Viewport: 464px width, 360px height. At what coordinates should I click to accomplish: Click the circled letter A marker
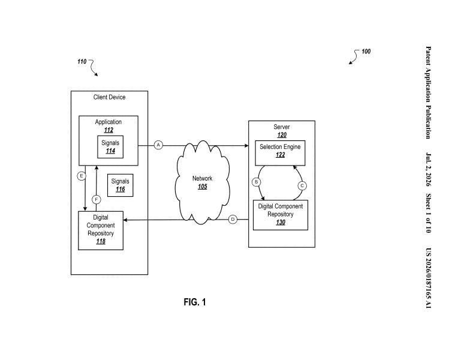point(158,145)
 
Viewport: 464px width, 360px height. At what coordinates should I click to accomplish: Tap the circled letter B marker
point(256,182)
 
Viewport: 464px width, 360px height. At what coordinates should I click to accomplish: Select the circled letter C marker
point(302,185)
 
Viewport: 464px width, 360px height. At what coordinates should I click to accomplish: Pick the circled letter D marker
point(233,220)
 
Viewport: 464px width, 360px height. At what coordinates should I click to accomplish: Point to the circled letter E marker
point(82,176)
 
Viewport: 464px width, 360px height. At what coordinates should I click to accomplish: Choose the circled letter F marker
point(96,200)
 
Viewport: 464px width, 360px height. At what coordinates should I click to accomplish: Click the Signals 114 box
point(110,147)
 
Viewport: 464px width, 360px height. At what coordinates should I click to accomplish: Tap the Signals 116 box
point(120,185)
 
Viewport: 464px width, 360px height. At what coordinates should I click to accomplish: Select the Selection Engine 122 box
point(280,153)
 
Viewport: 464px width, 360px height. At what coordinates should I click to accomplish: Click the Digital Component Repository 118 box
point(101,230)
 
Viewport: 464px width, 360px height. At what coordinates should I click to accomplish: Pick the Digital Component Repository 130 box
point(281,215)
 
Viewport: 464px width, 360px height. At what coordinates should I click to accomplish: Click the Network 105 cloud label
point(203,182)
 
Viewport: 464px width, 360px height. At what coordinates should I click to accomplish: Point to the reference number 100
point(366,52)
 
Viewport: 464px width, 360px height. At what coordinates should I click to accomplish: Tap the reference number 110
point(82,62)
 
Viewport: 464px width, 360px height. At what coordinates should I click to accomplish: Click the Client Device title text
point(110,97)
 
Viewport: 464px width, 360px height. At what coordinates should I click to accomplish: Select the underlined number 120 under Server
point(282,135)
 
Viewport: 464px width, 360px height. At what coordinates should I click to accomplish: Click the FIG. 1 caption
point(195,302)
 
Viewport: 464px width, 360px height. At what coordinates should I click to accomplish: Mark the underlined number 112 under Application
point(109,130)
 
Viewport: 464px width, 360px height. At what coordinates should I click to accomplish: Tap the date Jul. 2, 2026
point(428,170)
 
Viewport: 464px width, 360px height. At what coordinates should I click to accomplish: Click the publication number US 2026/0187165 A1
point(428,278)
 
